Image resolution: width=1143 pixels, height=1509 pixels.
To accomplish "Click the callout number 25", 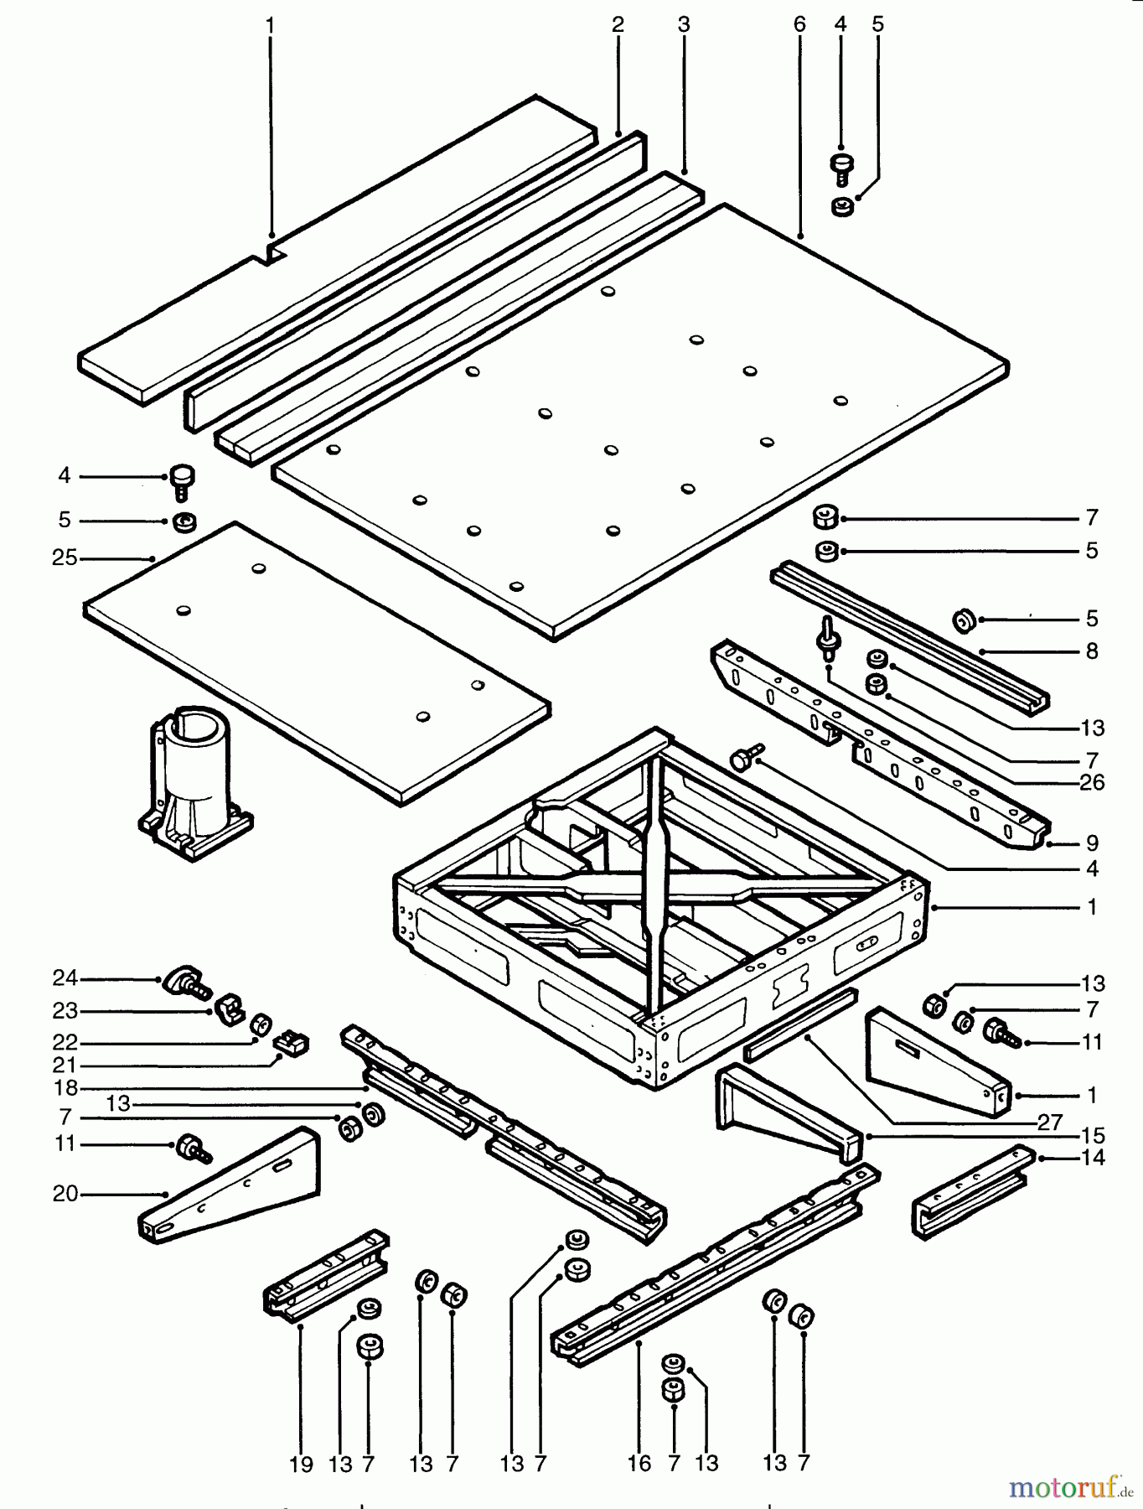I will (65, 557).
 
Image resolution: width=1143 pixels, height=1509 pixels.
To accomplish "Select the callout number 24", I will (65, 977).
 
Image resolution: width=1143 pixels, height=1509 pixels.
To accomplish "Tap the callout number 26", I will (1092, 782).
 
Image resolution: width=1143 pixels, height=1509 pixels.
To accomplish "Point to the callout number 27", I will (1049, 1122).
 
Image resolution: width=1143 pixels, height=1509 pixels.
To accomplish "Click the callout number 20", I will (65, 1193).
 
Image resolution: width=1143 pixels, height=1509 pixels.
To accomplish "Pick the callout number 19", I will (301, 1464).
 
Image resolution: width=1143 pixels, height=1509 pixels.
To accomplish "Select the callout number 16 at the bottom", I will (639, 1464).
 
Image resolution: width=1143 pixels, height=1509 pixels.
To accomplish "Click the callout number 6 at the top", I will (799, 24).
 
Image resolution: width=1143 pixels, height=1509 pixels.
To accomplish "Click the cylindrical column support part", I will (195, 780).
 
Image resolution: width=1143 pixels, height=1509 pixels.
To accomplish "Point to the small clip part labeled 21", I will (292, 1043).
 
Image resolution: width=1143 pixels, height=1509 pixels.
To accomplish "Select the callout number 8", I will (1091, 651).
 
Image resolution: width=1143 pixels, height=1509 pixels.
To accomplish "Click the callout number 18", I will (65, 1088).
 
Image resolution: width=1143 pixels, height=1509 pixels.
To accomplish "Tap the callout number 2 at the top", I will (618, 24).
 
